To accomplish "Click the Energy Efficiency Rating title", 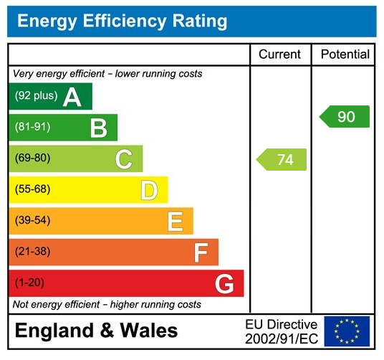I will pyautogui.click(x=122, y=21).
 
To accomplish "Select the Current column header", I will pyautogui.click(x=279, y=55).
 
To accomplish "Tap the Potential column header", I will pyautogui.click(x=345, y=55).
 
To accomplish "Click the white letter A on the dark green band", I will pyautogui.click(x=72, y=97).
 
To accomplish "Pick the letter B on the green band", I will pyautogui.click(x=98, y=128).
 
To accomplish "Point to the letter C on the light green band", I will pyautogui.click(x=123, y=159).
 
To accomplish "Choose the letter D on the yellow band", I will pyautogui.click(x=148, y=191).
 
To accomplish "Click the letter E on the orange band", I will pyautogui.click(x=175, y=222).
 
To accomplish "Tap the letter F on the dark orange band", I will pyautogui.click(x=200, y=252).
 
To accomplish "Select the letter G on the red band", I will pyautogui.click(x=224, y=284).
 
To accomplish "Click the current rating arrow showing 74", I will pyautogui.click(x=282, y=160).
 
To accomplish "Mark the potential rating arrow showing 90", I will pyautogui.click(x=345, y=116).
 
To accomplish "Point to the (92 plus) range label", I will pyautogui.click(x=36, y=96).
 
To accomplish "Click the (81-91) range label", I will pyautogui.click(x=32, y=128).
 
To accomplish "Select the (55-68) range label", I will pyautogui.click(x=32, y=190).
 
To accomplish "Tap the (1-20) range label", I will pyautogui.click(x=29, y=283).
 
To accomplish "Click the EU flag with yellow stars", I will pyautogui.click(x=347, y=331).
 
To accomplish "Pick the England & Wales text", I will pyautogui.click(x=96, y=331).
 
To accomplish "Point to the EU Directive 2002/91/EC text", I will pyautogui.click(x=281, y=331).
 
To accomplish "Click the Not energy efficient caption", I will pyautogui.click(x=107, y=305).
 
